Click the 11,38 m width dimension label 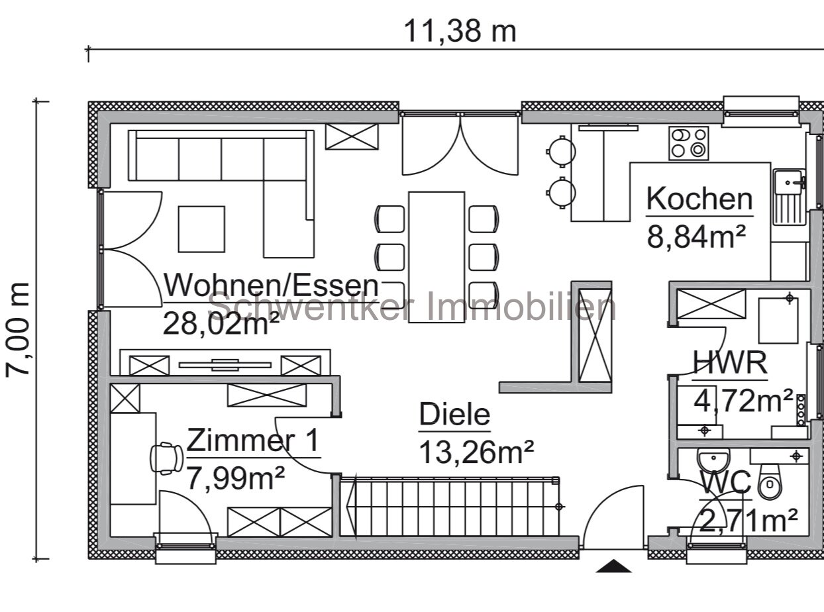click(x=460, y=31)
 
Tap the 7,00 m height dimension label click(x=19, y=329)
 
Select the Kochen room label click(x=699, y=199)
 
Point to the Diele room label click(x=454, y=415)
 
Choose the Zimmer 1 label click(x=253, y=440)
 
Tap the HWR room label click(x=730, y=364)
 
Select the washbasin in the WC click(x=713, y=458)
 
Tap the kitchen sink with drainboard click(x=789, y=197)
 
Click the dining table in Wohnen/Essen click(x=437, y=256)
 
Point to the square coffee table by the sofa click(x=201, y=229)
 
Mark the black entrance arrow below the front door click(x=613, y=566)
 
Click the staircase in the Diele click(x=450, y=507)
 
